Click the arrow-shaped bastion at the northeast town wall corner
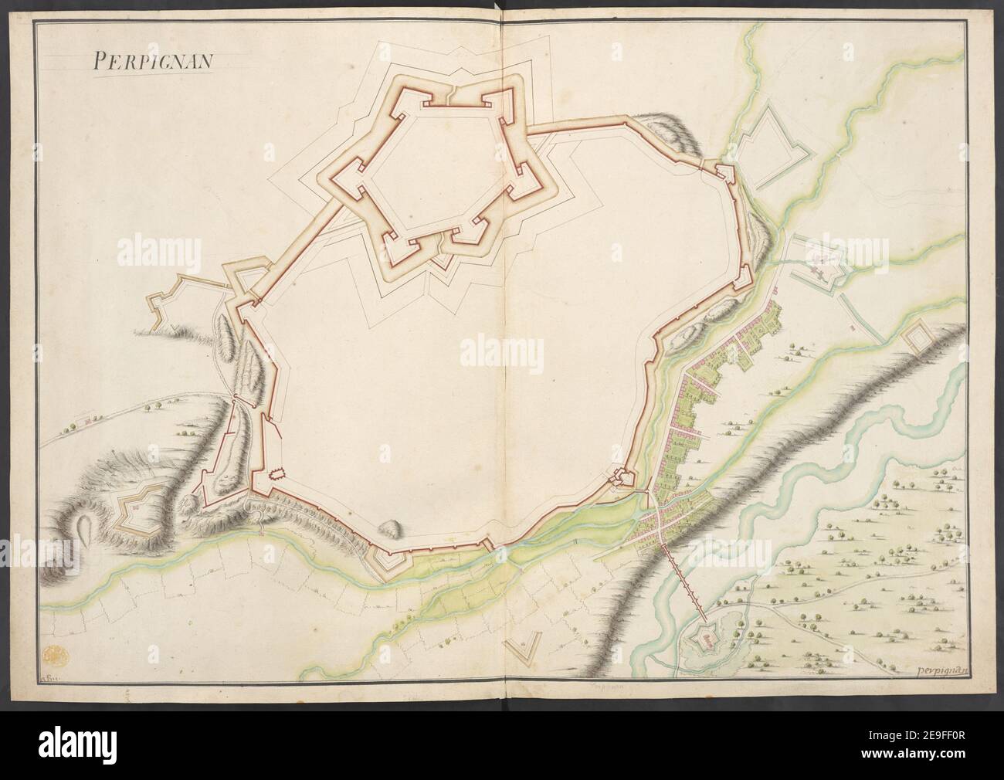coord(727,172)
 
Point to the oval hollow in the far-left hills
coord(84,532)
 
